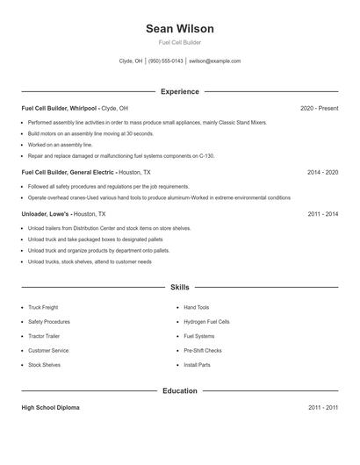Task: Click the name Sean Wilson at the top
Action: click(x=179, y=29)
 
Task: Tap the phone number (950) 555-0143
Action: click(x=166, y=61)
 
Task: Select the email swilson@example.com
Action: click(x=215, y=61)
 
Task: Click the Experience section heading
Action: click(x=179, y=91)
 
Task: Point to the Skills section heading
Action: click(x=179, y=287)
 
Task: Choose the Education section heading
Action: click(x=179, y=390)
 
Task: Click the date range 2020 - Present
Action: click(x=319, y=108)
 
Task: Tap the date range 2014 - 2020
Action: click(x=322, y=173)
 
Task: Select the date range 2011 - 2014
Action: click(x=322, y=214)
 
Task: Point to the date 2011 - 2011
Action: click(x=322, y=408)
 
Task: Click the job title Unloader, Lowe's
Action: click(x=46, y=214)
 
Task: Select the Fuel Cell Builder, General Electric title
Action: click(x=68, y=173)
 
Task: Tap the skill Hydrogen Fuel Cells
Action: click(x=206, y=322)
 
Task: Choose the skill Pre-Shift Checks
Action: click(x=202, y=350)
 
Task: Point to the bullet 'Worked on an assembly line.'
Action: click(x=60, y=145)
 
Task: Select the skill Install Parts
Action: click(x=197, y=364)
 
